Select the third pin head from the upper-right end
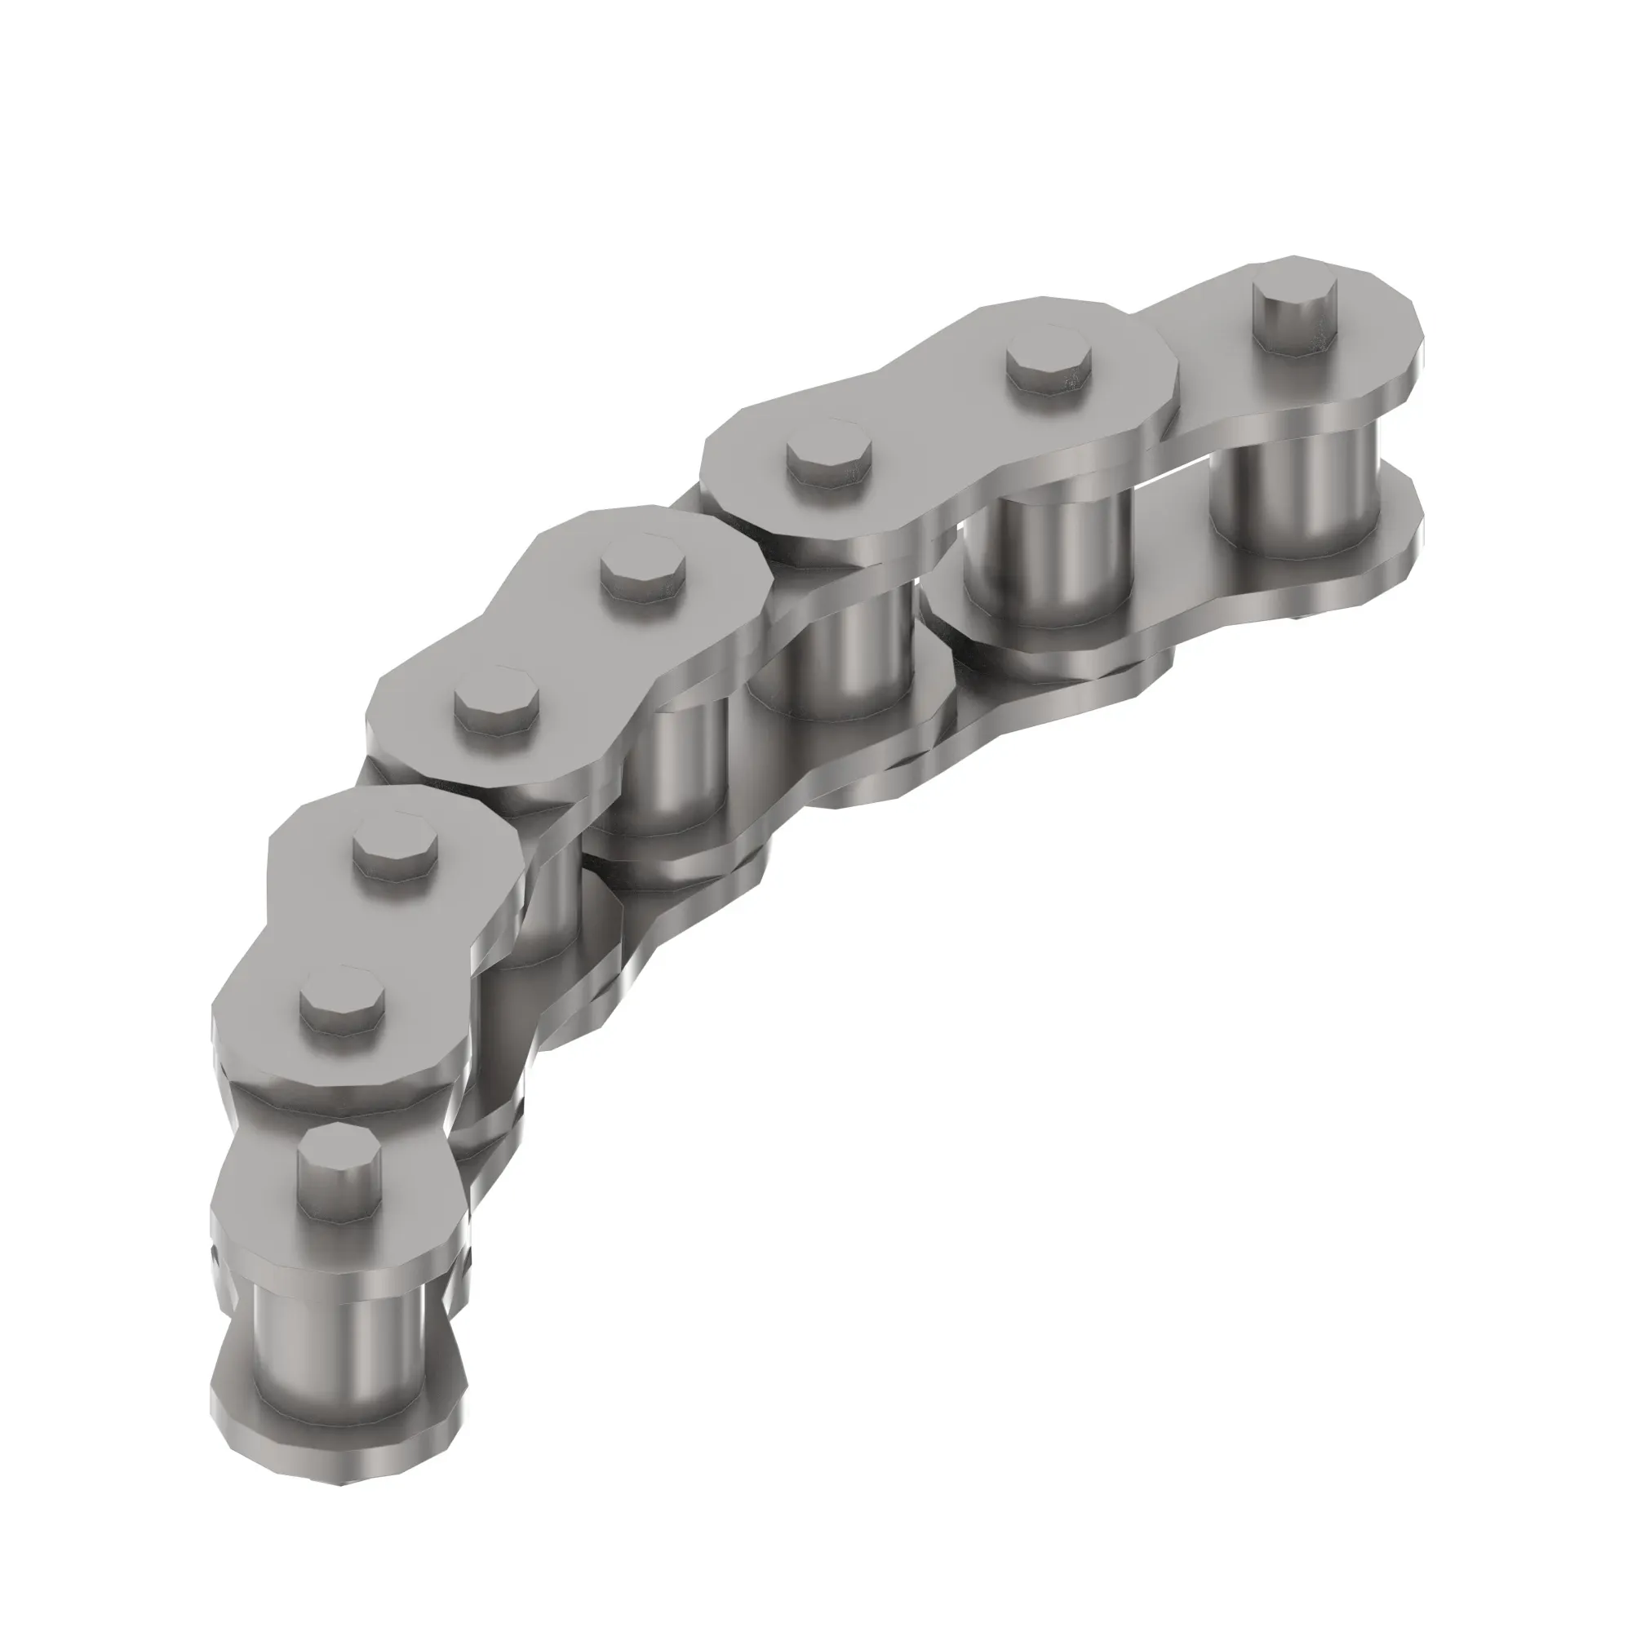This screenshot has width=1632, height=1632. [827, 461]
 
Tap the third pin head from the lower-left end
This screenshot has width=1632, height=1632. [394, 847]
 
